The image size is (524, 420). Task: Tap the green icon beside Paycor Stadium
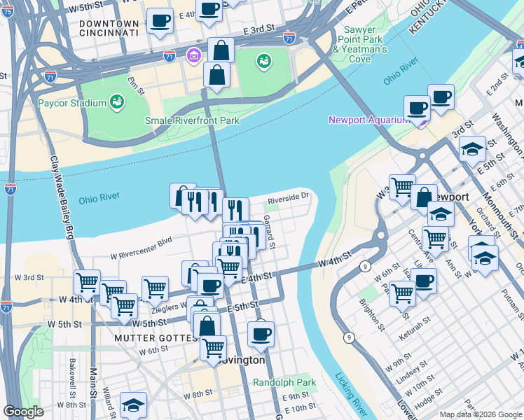[117, 104]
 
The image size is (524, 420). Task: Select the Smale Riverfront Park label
[192, 120]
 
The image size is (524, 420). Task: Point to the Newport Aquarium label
[368, 120]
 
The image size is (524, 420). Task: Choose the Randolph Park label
[284, 383]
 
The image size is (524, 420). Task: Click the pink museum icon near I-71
[193, 55]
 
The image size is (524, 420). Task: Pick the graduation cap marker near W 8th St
[133, 404]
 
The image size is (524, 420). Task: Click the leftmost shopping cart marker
[87, 282]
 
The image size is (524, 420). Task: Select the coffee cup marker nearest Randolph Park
[261, 333]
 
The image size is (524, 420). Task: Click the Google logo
[23, 412]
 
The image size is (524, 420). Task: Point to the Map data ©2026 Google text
[481, 414]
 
